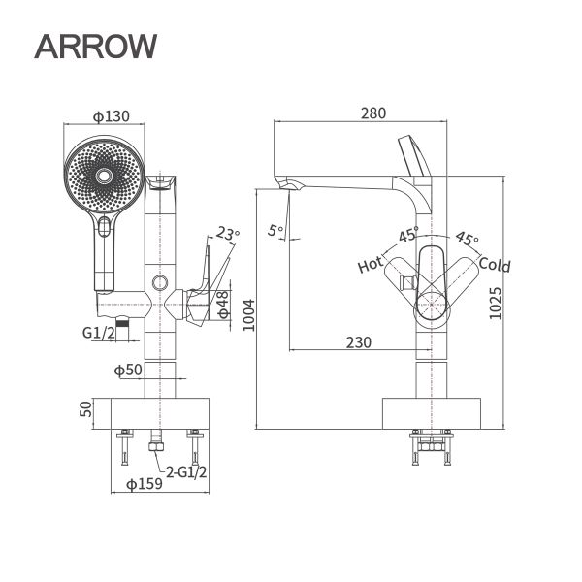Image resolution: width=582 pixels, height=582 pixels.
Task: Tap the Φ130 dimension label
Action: [112, 116]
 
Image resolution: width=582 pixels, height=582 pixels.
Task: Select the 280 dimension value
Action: [372, 113]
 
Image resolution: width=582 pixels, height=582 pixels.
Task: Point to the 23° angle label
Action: [228, 234]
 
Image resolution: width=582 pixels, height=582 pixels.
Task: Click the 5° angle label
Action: [275, 230]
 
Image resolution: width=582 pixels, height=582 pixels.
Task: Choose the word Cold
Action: [495, 265]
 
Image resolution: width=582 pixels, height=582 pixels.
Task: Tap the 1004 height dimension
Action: [248, 313]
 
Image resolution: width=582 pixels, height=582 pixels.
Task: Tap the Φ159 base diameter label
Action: [145, 484]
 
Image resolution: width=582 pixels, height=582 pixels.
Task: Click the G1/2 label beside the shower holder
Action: [99, 333]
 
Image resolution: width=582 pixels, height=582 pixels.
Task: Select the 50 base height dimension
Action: [84, 409]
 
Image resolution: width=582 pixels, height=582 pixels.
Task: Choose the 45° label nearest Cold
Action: [468, 239]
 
